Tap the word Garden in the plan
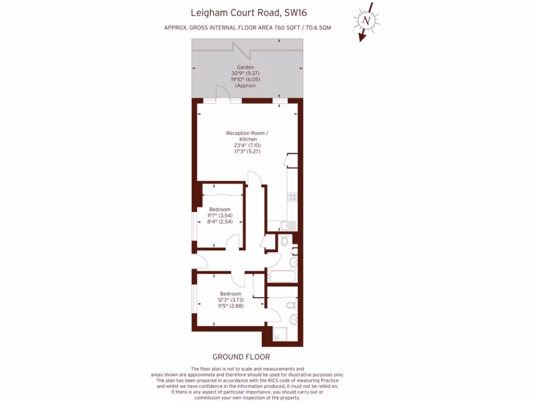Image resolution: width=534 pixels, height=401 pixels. (245, 67)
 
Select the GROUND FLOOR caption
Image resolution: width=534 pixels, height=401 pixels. (241, 357)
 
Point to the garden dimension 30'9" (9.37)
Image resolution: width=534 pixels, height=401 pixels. (245, 74)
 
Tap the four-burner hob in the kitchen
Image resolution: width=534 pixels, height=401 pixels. (292, 197)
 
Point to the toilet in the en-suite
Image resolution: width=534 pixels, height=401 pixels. (292, 305)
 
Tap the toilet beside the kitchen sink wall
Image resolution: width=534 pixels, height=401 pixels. (284, 241)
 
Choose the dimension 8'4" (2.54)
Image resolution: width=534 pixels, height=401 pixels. (220, 221)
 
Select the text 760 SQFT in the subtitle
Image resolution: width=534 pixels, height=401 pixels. (285, 27)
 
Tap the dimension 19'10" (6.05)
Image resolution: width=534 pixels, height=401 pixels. (245, 79)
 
